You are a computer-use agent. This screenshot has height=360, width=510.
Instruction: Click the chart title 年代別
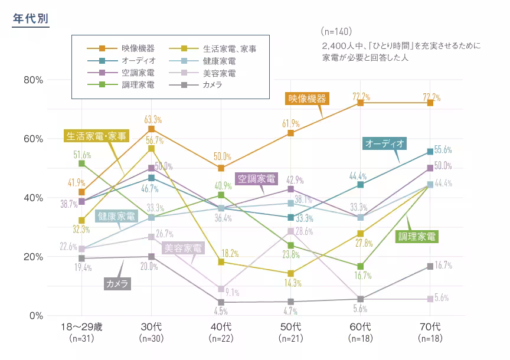(x=31, y=18)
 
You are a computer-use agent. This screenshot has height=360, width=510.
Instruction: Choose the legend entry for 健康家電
(x=219, y=61)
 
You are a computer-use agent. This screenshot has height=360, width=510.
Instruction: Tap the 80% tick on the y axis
(x=33, y=80)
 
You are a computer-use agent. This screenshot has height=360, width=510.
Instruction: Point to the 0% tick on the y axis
(x=36, y=316)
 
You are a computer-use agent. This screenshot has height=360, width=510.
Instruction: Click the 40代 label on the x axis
(x=221, y=326)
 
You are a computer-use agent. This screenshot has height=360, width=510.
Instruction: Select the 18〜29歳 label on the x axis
(x=81, y=326)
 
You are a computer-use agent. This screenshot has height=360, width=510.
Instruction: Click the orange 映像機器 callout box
(x=307, y=99)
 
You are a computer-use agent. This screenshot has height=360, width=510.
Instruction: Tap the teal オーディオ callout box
(x=385, y=143)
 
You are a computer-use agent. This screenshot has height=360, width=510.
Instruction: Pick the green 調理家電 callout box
(x=417, y=237)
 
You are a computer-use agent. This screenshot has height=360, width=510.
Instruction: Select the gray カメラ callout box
(x=117, y=283)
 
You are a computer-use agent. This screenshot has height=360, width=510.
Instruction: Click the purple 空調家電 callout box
(x=256, y=178)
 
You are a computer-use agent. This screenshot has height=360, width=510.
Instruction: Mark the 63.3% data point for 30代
(x=151, y=129)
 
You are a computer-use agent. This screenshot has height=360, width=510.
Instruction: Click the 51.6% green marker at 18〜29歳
(x=81, y=163)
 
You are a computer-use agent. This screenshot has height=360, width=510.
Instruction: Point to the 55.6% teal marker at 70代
(x=430, y=152)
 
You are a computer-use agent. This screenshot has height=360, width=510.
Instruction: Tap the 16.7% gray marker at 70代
(x=430, y=266)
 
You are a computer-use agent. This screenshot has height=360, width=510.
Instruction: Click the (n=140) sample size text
(x=336, y=31)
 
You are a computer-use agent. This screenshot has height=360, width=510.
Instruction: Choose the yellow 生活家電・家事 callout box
(x=97, y=136)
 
